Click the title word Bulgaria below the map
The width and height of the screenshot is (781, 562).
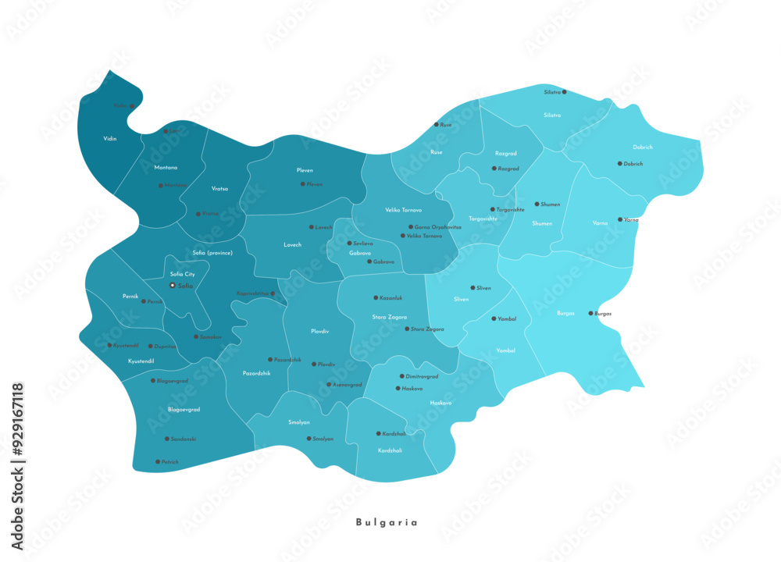tap(387, 522)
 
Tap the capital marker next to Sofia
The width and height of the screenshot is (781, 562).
tap(173, 286)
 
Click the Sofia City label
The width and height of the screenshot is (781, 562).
tap(182, 274)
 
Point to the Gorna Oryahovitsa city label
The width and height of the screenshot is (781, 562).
tap(437, 227)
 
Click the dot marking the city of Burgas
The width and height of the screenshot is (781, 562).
tap(591, 313)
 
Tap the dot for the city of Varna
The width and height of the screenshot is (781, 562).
tap(621, 220)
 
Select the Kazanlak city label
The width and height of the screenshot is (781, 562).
tap(391, 298)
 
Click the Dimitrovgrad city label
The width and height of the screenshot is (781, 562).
tap(422, 376)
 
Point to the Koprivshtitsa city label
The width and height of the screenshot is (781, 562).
tap(252, 293)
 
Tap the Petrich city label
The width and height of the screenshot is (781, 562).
tap(170, 462)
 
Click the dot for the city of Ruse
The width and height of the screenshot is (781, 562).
tap(437, 125)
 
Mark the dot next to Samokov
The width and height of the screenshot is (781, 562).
tap(196, 337)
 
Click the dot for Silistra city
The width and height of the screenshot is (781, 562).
tap(565, 92)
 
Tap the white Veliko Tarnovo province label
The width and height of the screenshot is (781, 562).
tap(403, 210)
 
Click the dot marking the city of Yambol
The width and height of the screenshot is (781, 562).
tap(493, 318)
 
